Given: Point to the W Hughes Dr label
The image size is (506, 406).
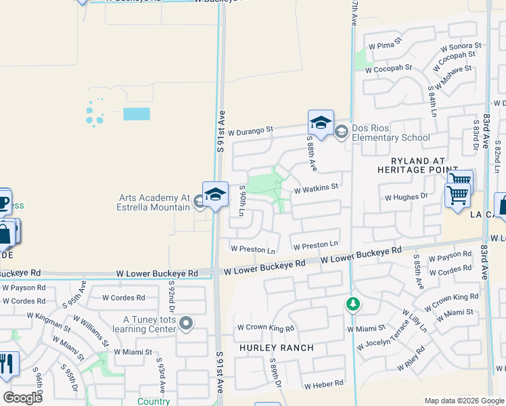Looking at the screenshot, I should point(407,198).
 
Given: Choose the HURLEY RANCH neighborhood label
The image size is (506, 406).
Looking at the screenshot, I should point(276,348).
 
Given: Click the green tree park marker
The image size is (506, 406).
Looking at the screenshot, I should point(352,304).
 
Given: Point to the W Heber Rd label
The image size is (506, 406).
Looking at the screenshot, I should point(324,384).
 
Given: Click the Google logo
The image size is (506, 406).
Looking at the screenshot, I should point(23,398).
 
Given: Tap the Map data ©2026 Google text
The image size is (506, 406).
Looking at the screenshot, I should point(463,401).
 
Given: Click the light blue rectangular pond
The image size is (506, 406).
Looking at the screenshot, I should point(137,114).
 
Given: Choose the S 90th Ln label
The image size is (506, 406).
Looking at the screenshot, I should point(241,201).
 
